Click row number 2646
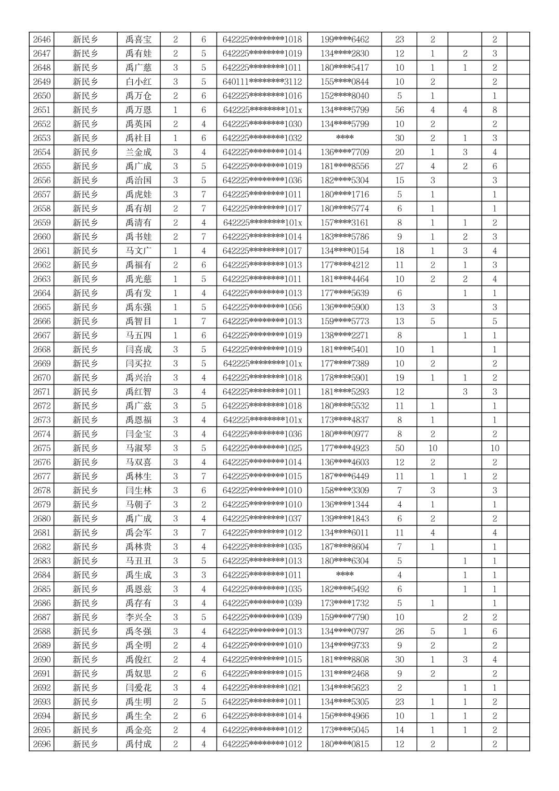[42, 40]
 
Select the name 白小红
[138, 82]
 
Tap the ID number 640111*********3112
[262, 82]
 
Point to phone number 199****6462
[345, 40]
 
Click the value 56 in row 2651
[399, 110]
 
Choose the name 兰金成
[138, 152]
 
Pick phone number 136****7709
[345, 152]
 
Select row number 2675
[42, 448]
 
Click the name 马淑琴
[138, 448]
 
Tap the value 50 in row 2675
[399, 448]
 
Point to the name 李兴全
[138, 617]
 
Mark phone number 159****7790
[345, 617]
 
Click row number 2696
[42, 744]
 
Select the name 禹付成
[138, 744]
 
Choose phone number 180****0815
[345, 744]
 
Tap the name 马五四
[138, 335]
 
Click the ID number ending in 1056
[262, 307]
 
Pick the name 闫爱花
[138, 687]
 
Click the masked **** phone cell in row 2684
[345, 575]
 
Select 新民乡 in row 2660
[85, 237]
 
